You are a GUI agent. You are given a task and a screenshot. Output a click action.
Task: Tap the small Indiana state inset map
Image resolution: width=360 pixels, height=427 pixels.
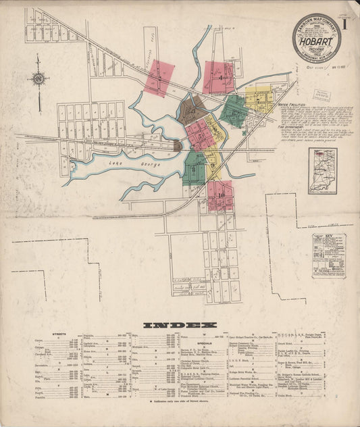(322, 171)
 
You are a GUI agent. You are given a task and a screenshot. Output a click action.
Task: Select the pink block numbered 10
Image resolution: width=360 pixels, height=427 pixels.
(220, 195)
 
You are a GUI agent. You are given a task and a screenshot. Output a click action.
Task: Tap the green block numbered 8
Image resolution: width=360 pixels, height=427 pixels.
(195, 168)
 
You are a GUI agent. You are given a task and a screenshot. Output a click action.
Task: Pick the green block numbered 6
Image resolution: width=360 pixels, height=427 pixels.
(234, 111)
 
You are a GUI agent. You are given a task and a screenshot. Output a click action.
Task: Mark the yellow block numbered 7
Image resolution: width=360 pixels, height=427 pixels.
(259, 99)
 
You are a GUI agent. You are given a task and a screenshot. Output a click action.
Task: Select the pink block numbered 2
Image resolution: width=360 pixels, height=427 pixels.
(159, 78)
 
